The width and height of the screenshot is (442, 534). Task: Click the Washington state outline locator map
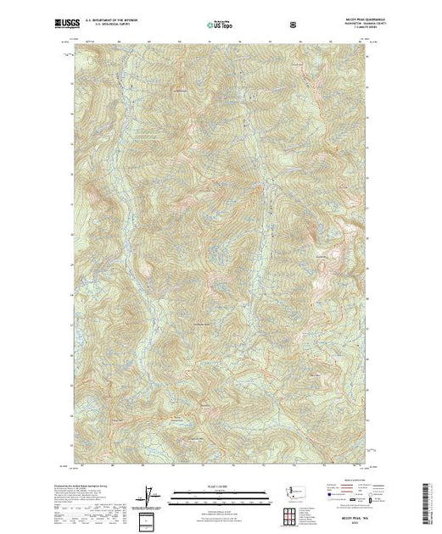pos(288,492)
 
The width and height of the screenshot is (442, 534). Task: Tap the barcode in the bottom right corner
pos(428,500)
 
